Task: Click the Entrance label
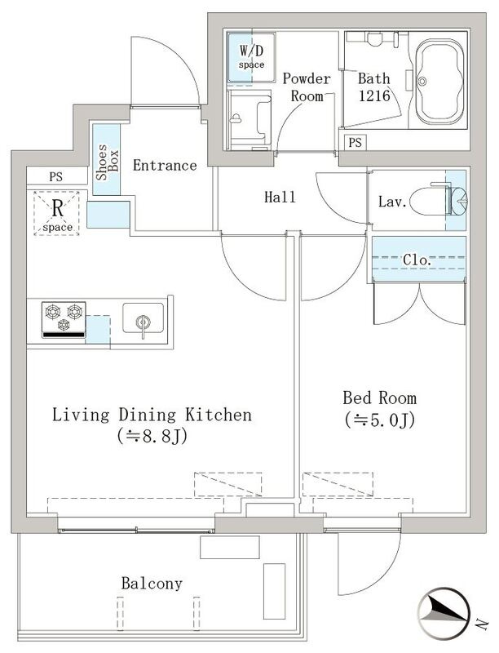pyautogui.click(x=165, y=166)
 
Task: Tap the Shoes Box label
pyautogui.click(x=107, y=162)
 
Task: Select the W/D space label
pyautogui.click(x=251, y=56)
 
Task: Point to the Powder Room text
pyautogui.click(x=307, y=87)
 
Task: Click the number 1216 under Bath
pyautogui.click(x=374, y=96)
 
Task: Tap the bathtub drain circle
pyautogui.click(x=423, y=81)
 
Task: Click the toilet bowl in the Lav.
pyautogui.click(x=428, y=202)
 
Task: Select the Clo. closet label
pyautogui.click(x=417, y=260)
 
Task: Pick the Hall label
pyautogui.click(x=280, y=197)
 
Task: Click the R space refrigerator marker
pyautogui.click(x=57, y=214)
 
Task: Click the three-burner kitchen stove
pyautogui.click(x=64, y=319)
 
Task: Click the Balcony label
pyautogui.click(x=152, y=584)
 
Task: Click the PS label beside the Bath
pyautogui.click(x=355, y=143)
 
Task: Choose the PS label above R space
pyautogui.click(x=55, y=176)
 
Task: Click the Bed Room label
pyautogui.click(x=380, y=398)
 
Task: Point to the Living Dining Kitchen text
pyautogui.click(x=152, y=415)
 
